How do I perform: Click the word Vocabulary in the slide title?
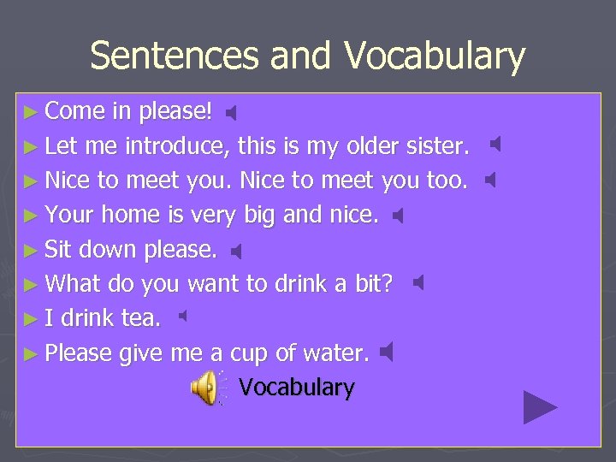pos(435,56)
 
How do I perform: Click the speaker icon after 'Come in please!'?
pos(230,112)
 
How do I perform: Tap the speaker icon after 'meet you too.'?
pos(490,181)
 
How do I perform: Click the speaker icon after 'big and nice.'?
pos(398,216)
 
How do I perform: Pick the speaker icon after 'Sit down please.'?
pos(238,252)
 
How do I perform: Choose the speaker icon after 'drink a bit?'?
pos(418,283)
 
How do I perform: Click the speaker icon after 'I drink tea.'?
pos(182,317)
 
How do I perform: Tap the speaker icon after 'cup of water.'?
pos(387,352)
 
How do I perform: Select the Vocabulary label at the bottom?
pos(296,388)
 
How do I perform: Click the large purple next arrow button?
pos(540,407)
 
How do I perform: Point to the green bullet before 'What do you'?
pos(32,285)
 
